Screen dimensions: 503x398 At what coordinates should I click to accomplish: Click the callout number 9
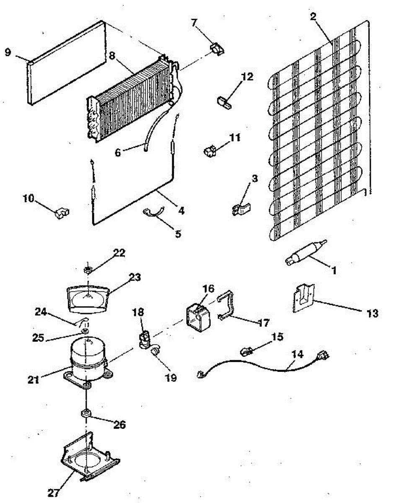click(x=8, y=52)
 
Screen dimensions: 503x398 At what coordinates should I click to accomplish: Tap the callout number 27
click(x=54, y=493)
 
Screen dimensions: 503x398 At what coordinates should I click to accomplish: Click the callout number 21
click(x=34, y=379)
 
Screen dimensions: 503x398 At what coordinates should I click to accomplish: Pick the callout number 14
click(x=297, y=354)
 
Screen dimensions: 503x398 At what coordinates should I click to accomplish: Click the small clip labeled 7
click(x=216, y=49)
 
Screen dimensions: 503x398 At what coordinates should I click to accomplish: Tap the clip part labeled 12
click(x=225, y=102)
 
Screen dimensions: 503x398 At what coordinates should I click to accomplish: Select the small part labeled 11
click(x=209, y=150)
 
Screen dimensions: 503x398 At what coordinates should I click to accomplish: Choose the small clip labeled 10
click(x=62, y=213)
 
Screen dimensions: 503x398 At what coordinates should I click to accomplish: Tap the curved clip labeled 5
click(x=152, y=213)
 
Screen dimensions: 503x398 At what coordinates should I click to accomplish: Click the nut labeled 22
click(x=88, y=269)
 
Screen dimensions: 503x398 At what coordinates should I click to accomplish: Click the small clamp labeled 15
click(x=247, y=350)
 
